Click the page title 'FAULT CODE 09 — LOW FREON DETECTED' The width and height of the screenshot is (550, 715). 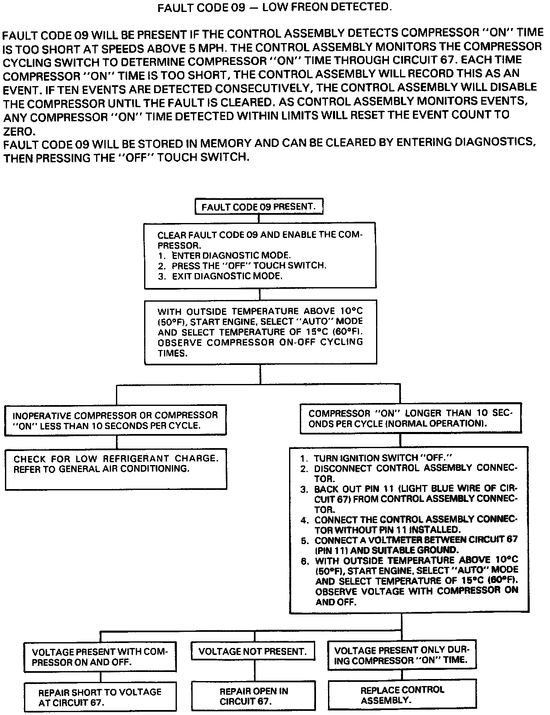(274, 8)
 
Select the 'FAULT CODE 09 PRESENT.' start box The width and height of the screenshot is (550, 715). (259, 206)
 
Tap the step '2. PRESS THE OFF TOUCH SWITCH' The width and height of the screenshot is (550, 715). (242, 266)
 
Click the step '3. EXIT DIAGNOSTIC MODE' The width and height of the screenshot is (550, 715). (220, 276)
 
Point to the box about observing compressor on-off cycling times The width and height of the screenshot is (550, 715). (261, 332)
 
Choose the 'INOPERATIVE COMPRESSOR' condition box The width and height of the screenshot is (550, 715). (116, 420)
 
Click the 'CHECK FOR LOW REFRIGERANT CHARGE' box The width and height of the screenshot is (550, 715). (116, 469)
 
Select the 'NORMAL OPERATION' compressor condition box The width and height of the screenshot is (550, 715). (410, 418)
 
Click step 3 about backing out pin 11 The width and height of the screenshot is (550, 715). (410, 499)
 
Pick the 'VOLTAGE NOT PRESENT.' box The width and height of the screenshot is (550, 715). (253, 652)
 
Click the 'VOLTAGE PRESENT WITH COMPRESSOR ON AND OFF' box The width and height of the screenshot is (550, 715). (100, 657)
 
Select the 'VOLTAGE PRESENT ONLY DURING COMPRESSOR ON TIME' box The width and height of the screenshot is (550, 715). (401, 655)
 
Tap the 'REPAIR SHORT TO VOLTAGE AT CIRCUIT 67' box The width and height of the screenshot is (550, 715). (100, 697)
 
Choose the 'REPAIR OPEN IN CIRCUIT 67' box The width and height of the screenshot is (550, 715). (253, 696)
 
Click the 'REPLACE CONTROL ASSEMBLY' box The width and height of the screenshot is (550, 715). (402, 695)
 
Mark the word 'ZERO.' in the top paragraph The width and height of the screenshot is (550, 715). (19, 131)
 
